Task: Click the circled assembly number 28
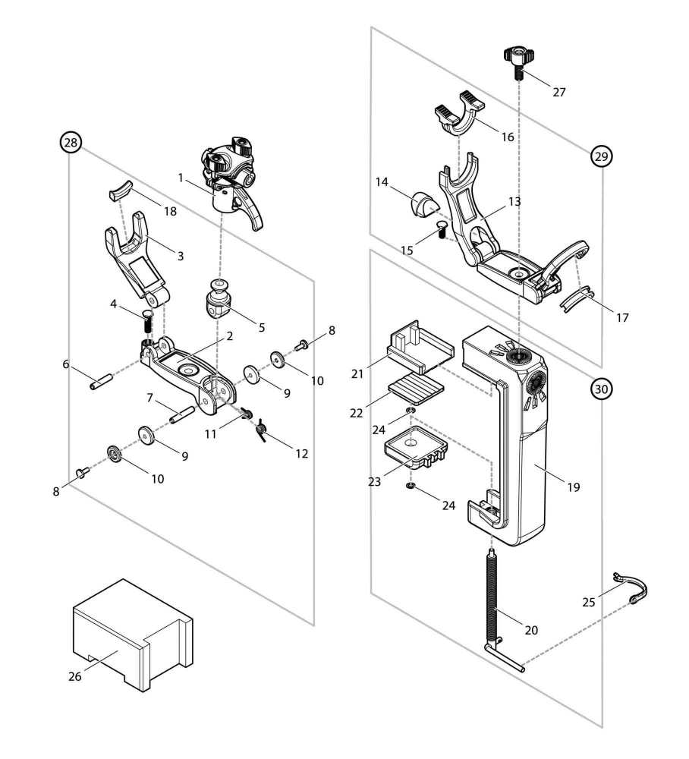pos(71,142)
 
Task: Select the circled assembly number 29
pos(600,156)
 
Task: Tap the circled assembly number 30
pos(600,389)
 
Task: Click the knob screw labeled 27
pos(518,61)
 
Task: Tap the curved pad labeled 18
pos(121,190)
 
